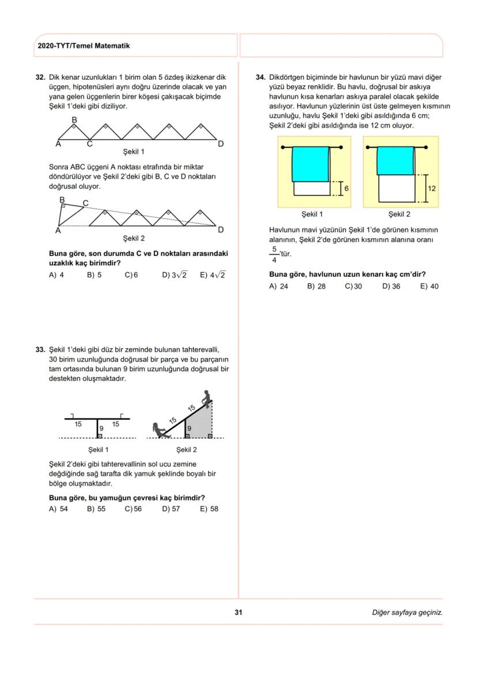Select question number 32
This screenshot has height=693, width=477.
click(x=40, y=77)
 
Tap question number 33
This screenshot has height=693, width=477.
click(x=40, y=349)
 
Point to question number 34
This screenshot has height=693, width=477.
click(x=260, y=77)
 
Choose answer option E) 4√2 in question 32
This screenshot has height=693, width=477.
click(x=213, y=275)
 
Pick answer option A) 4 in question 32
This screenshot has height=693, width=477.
click(x=56, y=275)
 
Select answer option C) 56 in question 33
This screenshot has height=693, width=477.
click(x=133, y=509)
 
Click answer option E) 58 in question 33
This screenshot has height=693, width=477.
click(x=209, y=509)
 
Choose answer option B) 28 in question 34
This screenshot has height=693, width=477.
click(x=316, y=286)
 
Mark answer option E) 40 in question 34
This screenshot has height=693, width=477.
click(x=429, y=286)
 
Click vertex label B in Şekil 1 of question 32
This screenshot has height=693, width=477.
click(x=74, y=120)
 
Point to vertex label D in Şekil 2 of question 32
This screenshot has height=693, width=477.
click(x=221, y=230)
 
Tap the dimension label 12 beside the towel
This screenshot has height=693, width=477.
click(x=432, y=189)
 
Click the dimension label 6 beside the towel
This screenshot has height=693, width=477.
click(x=346, y=189)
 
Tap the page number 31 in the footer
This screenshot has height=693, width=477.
click(x=238, y=612)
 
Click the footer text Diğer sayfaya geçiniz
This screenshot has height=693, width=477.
click(x=407, y=612)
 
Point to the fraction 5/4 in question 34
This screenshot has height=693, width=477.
click(x=274, y=254)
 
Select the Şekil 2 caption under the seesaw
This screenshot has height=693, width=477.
click(x=187, y=450)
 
